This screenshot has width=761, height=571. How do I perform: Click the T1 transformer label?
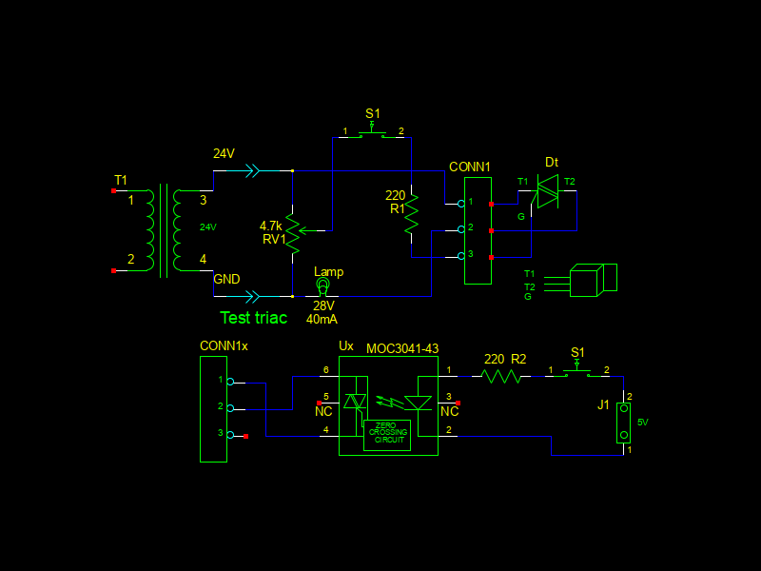coord(120,180)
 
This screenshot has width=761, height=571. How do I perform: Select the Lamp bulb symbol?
coord(322,285)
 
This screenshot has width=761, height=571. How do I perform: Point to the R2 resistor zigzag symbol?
coord(501,377)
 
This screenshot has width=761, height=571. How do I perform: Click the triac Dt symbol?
coord(548,191)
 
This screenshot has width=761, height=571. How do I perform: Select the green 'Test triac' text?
coord(253,318)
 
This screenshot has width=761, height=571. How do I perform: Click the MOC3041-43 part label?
coord(402,348)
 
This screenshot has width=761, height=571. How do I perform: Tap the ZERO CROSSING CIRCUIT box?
coord(387,434)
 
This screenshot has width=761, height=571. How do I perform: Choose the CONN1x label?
coord(224,345)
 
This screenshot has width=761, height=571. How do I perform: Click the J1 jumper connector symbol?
coord(624,423)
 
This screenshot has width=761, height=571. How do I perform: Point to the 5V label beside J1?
coord(642,422)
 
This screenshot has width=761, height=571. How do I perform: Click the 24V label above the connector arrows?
coord(224,153)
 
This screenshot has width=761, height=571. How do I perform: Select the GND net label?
coord(226,279)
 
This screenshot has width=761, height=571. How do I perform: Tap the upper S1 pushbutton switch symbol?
coord(373,134)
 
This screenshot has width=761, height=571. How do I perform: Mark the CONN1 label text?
coord(470,167)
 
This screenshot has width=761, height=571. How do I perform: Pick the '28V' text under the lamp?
coord(323,305)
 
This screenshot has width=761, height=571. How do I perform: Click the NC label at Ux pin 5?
coord(323,411)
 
